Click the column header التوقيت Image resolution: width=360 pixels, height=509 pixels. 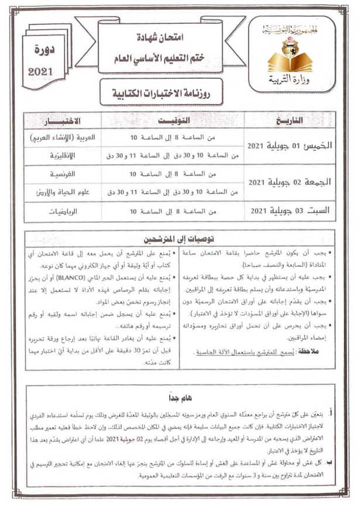(173, 121)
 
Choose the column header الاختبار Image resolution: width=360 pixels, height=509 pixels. (62, 121)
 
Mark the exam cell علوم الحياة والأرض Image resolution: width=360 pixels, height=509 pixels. (65, 192)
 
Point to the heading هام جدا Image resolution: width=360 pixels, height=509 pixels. (180, 397)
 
